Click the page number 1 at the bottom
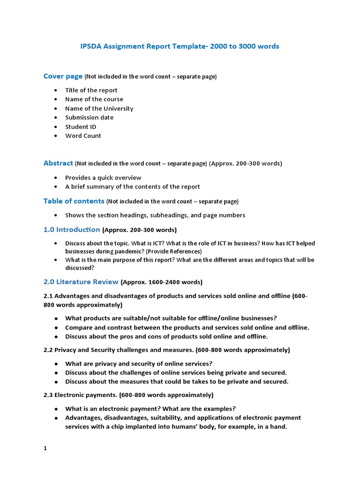point(45,448)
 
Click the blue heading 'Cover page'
point(63,76)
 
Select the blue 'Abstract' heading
point(58,163)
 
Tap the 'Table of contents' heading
point(74,201)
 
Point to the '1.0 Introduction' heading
point(72,230)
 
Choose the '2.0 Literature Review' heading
point(81,282)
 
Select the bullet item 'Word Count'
point(83,136)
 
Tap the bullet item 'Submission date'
point(89,118)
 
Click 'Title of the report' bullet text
point(91,90)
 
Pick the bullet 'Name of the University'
point(99,108)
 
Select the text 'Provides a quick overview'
point(103,178)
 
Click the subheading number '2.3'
point(48,395)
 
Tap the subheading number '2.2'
point(48,350)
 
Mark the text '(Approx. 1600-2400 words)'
point(161,282)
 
